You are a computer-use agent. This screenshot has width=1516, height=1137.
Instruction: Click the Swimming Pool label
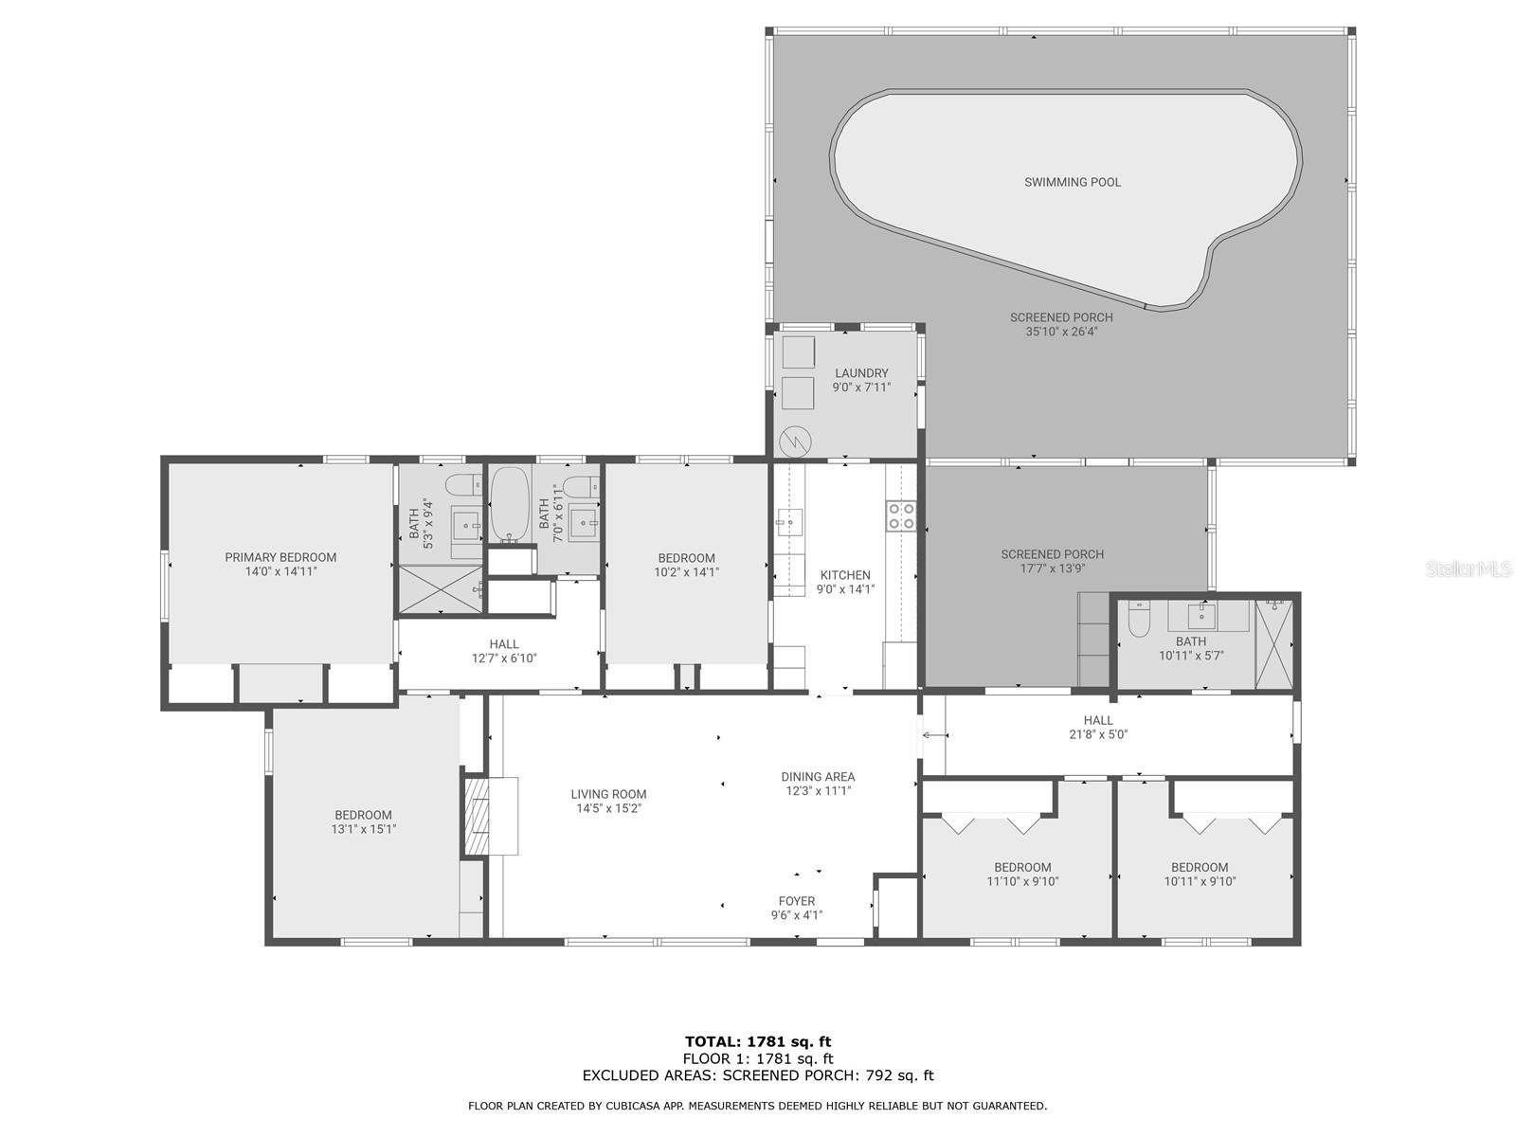pos(1072,182)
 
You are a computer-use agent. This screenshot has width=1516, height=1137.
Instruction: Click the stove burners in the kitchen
pos(901,515)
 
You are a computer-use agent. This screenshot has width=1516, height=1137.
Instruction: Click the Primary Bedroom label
pos(280,557)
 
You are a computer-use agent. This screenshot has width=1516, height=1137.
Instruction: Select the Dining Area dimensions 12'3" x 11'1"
pos(819,790)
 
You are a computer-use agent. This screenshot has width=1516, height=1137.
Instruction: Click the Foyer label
pos(797,901)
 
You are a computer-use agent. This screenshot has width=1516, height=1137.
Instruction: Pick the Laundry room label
pos(861,373)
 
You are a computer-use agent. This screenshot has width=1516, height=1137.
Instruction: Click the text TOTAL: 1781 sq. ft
pos(758,1042)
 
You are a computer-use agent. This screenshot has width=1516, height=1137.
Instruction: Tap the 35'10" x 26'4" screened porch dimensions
pos(1061,332)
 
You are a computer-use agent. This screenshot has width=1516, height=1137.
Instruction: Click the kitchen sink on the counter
pos(788,521)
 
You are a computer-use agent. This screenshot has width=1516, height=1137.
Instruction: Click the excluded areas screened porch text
pos(758,1075)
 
